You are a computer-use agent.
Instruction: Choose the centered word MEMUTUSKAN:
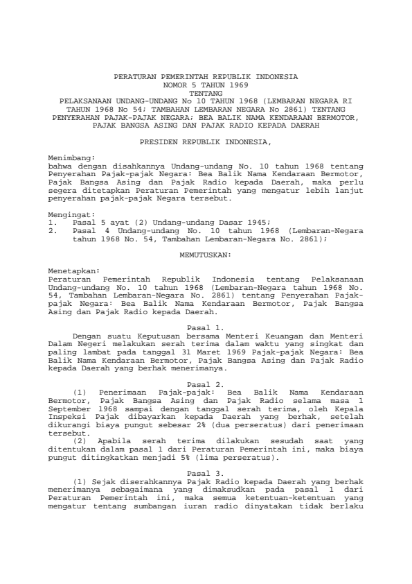205,256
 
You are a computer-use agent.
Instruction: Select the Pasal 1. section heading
206,325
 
